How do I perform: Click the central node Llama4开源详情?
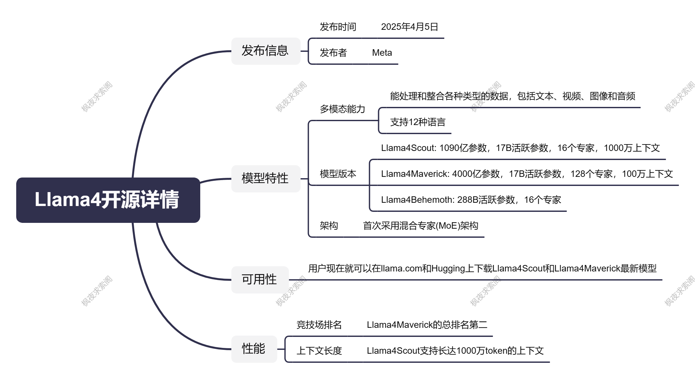[108, 200]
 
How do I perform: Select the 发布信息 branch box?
[266, 51]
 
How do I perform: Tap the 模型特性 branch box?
[266, 178]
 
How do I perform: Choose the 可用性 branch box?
[260, 280]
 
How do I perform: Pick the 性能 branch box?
[254, 349]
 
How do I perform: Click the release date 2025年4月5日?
[410, 27]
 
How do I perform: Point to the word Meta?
[382, 52]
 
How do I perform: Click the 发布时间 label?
[338, 27]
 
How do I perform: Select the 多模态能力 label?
[342, 109]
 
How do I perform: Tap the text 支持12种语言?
[418, 122]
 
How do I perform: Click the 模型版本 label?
[338, 174]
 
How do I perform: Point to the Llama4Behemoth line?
[471, 200]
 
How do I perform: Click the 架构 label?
[329, 225]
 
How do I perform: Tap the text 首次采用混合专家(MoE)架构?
[421, 225]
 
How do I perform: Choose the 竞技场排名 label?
[319, 325]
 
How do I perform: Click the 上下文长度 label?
[319, 350]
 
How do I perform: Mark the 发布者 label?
[333, 52]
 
